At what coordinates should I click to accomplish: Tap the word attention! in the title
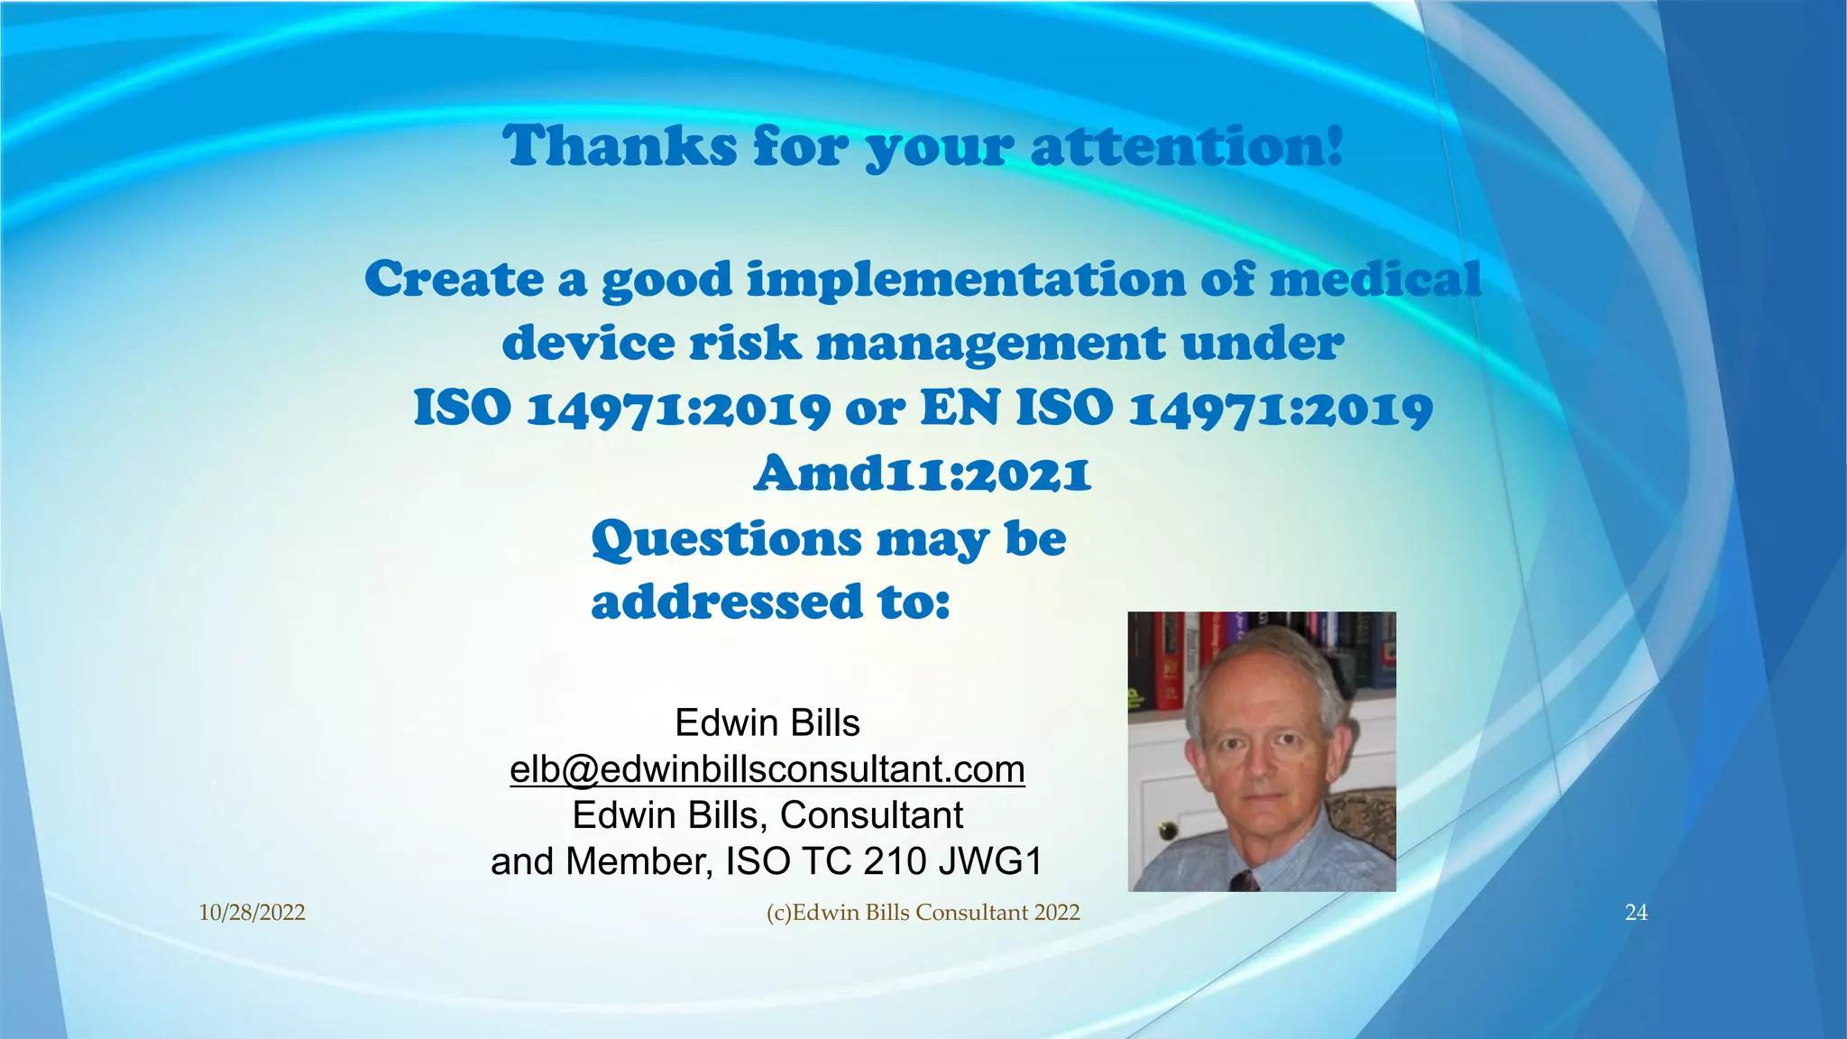(x=1187, y=146)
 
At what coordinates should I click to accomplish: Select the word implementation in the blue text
(x=966, y=280)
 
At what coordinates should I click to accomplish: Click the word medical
(x=1376, y=279)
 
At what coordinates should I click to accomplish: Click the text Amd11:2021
(x=923, y=474)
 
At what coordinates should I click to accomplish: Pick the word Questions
(x=727, y=539)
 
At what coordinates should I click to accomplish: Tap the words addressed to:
(x=771, y=602)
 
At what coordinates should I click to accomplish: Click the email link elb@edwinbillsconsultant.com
(x=767, y=769)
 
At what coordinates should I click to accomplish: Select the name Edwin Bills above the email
(x=767, y=723)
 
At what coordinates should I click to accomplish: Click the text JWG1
(x=990, y=861)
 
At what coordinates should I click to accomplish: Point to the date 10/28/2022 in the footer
(x=252, y=913)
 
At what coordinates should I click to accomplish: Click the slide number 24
(x=1636, y=913)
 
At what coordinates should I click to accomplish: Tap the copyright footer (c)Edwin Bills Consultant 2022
(x=923, y=913)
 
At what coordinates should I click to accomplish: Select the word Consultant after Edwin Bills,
(x=871, y=815)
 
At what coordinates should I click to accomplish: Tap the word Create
(x=453, y=279)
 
